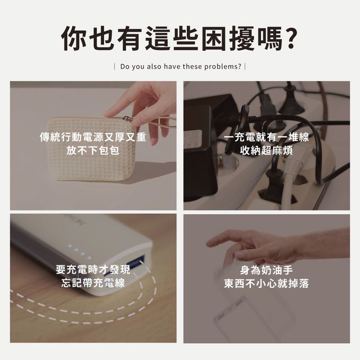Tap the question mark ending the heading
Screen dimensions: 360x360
(x=286, y=38)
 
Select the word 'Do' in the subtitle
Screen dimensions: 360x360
(x=125, y=67)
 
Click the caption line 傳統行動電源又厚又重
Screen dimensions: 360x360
(x=93, y=138)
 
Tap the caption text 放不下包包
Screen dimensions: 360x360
(x=93, y=150)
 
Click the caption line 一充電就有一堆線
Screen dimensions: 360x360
(x=266, y=138)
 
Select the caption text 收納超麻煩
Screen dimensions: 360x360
(x=266, y=150)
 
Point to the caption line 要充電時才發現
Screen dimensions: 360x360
(x=93, y=270)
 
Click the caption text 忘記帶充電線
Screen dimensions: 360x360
(x=93, y=283)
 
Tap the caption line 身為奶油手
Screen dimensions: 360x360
(x=266, y=270)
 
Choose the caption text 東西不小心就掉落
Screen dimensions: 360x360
(x=266, y=283)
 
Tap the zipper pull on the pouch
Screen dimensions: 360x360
(x=127, y=119)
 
